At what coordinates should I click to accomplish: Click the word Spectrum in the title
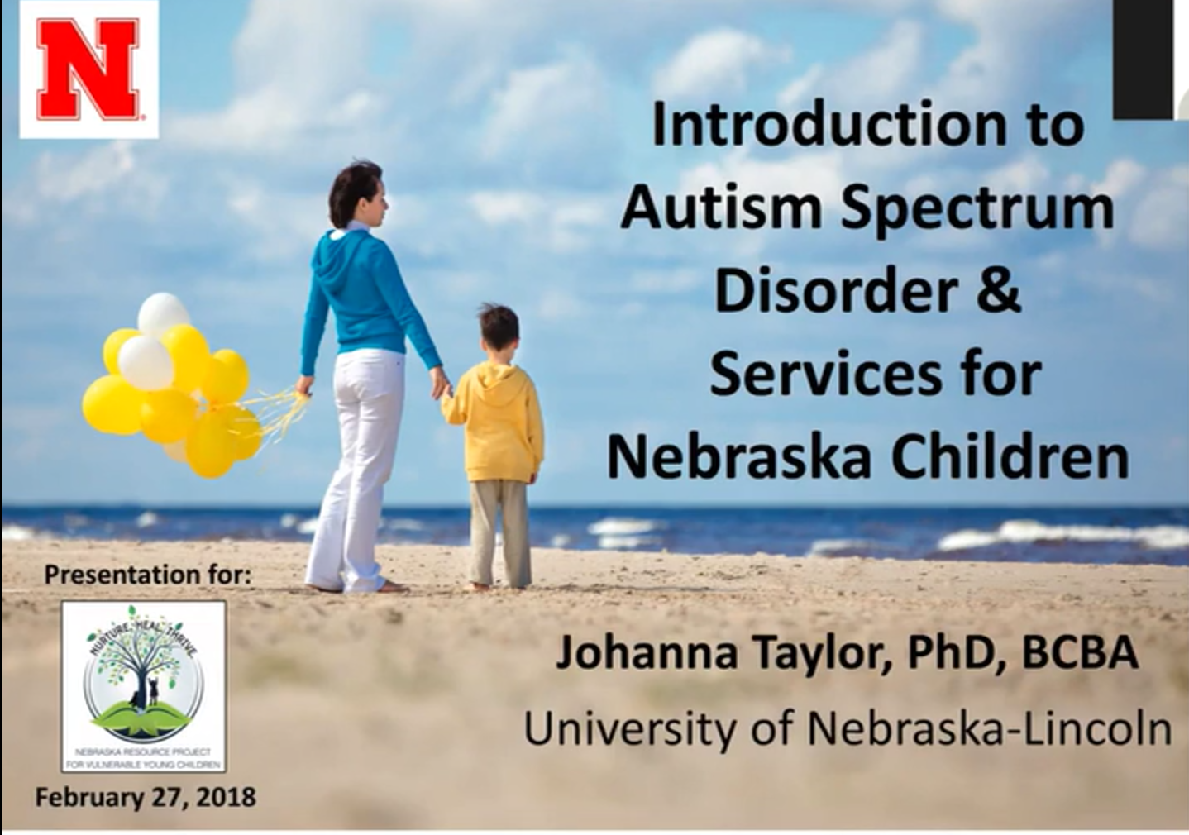pos(977,208)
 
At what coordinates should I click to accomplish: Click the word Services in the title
pos(824,374)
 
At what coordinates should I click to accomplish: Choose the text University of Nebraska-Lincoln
pos(848,728)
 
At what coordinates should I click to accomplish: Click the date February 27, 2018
pos(146,797)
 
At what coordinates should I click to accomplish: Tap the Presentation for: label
pos(147,574)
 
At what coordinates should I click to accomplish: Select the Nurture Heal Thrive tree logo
pos(144,685)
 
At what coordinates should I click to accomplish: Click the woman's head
pos(357,193)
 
